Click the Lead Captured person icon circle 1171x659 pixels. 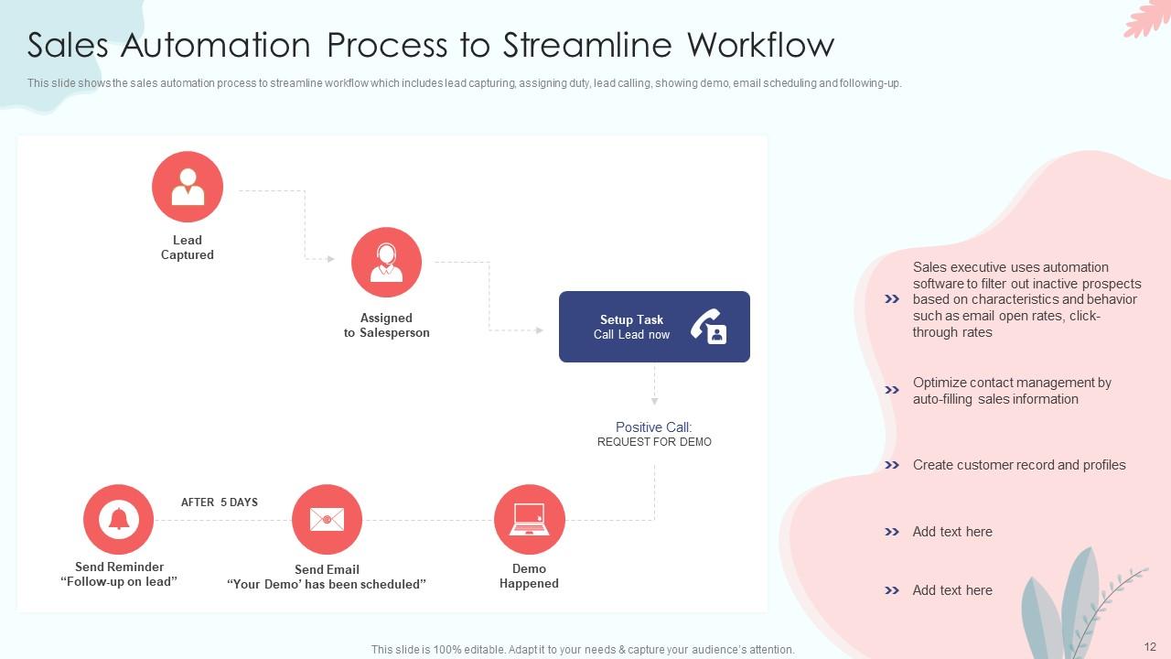(x=188, y=187)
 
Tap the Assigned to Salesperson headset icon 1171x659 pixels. (x=386, y=262)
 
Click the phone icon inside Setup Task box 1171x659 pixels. (x=708, y=327)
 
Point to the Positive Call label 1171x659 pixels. (x=653, y=427)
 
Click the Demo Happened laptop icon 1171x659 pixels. (x=529, y=519)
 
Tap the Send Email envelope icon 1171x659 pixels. (x=327, y=520)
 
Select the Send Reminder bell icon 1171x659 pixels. (x=119, y=519)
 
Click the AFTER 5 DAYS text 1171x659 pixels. (x=220, y=502)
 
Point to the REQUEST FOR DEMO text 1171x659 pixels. (x=654, y=442)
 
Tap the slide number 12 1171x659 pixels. (x=1150, y=647)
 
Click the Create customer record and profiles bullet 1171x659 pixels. (x=1018, y=465)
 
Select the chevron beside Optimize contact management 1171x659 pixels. (x=892, y=390)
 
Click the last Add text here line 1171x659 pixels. (x=951, y=590)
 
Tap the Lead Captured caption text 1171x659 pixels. (x=188, y=247)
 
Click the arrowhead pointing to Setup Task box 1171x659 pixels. (x=540, y=329)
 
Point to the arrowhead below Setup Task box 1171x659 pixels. (x=654, y=401)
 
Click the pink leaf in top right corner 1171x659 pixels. (x=1148, y=18)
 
